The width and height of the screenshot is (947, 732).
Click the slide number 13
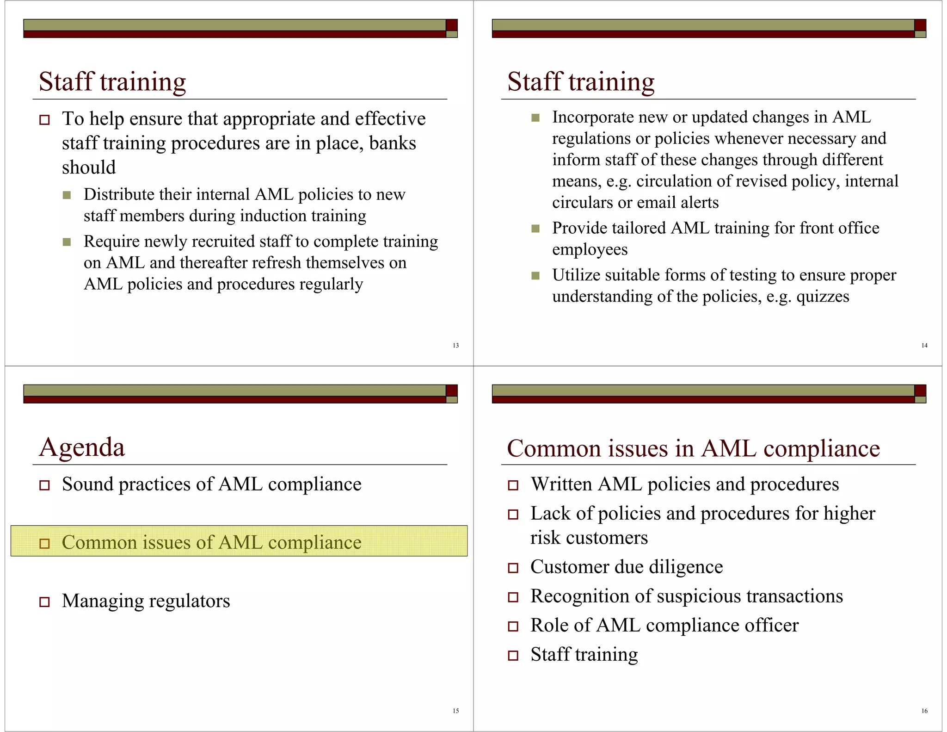[x=455, y=346]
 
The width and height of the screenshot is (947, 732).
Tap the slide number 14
[x=924, y=346]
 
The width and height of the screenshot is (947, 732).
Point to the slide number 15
[x=455, y=711]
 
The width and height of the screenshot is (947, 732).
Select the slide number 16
[x=924, y=711]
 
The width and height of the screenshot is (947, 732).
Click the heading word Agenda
[x=82, y=447]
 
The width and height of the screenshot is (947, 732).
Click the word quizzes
[x=823, y=296]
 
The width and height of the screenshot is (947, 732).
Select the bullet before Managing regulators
[x=44, y=602]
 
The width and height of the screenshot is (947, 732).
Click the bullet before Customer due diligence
[x=513, y=568]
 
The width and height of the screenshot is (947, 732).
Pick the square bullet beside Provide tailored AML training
[x=535, y=229]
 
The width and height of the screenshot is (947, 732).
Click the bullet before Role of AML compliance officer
[x=513, y=626]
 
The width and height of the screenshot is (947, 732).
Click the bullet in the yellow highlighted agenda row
[x=44, y=543]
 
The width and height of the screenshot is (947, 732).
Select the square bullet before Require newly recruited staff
[x=67, y=242]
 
